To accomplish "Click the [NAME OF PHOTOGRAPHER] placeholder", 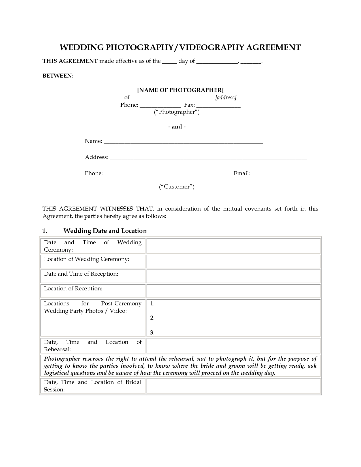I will coord(180,90).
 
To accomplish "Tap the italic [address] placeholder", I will coord(226,98).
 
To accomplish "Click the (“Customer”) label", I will coord(176,187).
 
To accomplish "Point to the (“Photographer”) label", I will coord(177,112).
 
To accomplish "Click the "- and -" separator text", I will coord(177,127).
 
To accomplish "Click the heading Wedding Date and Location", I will coord(105,231).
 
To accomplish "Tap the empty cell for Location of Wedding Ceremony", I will coord(233,262).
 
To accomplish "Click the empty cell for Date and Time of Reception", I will coord(233,276).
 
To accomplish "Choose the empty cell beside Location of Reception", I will coord(233,291).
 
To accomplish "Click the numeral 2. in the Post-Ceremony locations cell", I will coord(152,318).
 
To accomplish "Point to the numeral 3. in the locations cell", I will coord(152,333).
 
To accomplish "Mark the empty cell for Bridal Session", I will coord(233,386).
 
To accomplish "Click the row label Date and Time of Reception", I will coord(81,274).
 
